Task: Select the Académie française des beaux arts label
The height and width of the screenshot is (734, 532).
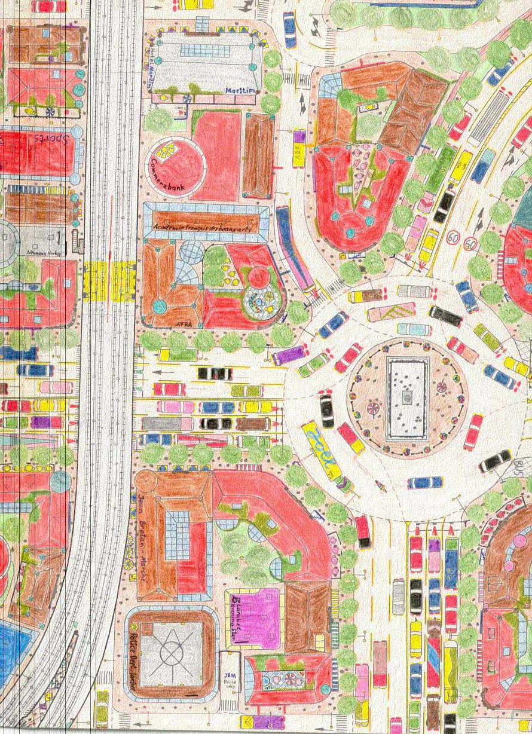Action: [203, 228]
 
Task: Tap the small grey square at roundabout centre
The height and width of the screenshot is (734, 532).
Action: [407, 397]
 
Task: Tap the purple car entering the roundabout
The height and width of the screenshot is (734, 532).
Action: [290, 356]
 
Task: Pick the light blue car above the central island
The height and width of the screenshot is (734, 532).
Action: [414, 329]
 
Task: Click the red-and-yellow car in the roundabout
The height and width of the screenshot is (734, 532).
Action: [350, 438]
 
